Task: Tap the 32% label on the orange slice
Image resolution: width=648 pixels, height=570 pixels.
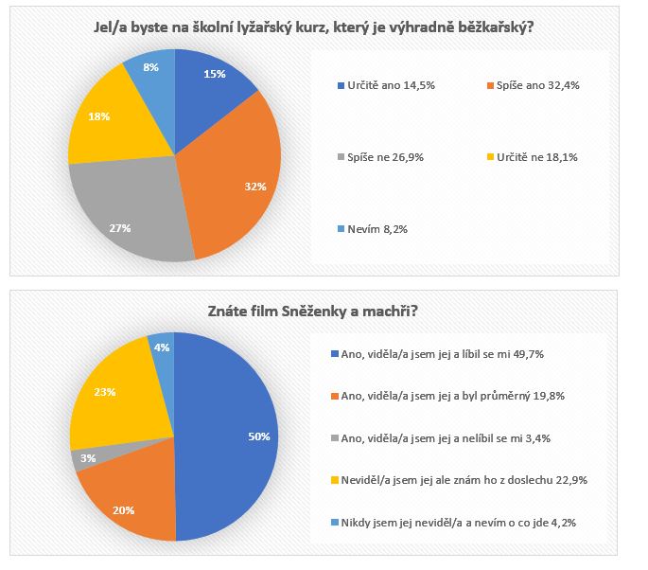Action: coord(254,187)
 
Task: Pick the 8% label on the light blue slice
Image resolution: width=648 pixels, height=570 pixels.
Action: coord(150,68)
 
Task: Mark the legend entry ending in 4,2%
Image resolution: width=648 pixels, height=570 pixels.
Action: coord(460,522)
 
